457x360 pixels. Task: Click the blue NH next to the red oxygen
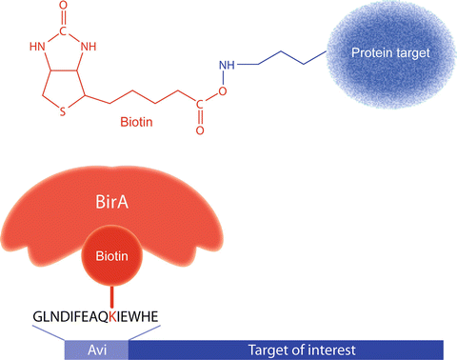coord(227,66)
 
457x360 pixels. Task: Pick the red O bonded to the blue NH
coord(222,92)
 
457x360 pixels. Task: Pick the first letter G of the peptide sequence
coord(37,315)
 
